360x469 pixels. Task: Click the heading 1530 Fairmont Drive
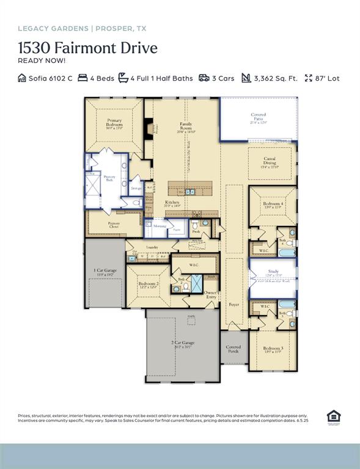(87, 48)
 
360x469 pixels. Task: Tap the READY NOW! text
(42, 60)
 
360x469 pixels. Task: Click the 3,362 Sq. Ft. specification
(276, 78)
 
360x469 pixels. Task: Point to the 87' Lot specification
(328, 78)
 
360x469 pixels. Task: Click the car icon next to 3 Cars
(204, 78)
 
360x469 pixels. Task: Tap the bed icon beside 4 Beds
(83, 78)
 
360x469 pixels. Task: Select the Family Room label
(186, 127)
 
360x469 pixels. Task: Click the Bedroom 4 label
(272, 205)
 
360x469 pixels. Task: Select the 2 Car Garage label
(182, 345)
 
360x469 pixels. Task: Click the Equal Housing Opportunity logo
(333, 417)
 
